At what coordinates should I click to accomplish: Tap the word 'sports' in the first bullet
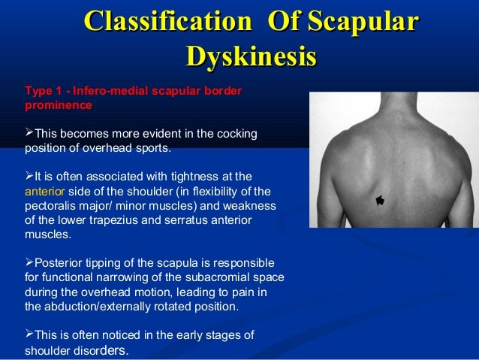click(x=149, y=148)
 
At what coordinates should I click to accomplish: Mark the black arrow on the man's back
click(x=379, y=200)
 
